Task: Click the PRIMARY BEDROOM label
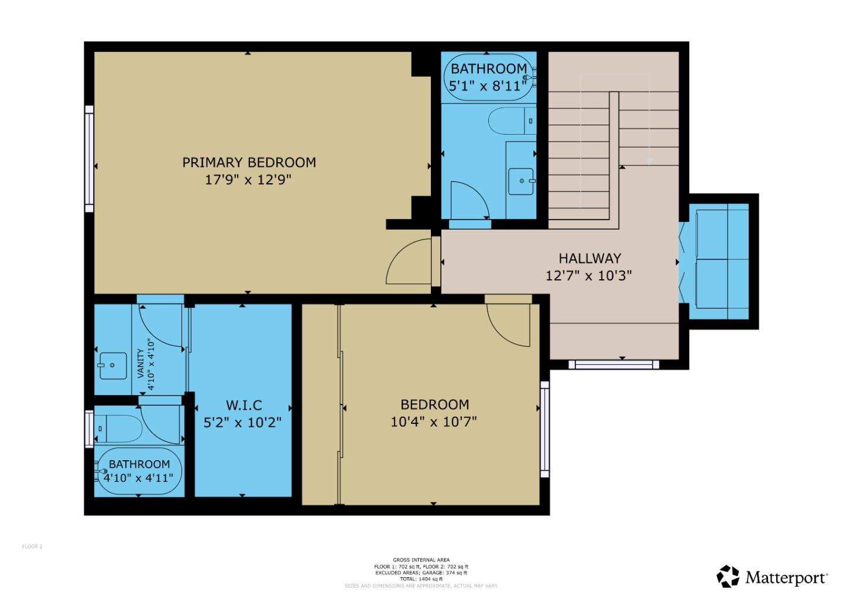249,162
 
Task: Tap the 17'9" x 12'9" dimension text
248,180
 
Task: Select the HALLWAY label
589,258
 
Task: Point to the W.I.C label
244,405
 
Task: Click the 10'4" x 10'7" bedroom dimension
433,422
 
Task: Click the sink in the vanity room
112,365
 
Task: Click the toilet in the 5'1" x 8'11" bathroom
512,121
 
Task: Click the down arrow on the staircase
649,160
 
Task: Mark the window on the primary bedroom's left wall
89,159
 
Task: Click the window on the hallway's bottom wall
614,365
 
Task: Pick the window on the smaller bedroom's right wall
544,429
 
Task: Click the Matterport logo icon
728,576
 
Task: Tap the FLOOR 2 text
32,547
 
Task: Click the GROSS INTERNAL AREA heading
421,560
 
